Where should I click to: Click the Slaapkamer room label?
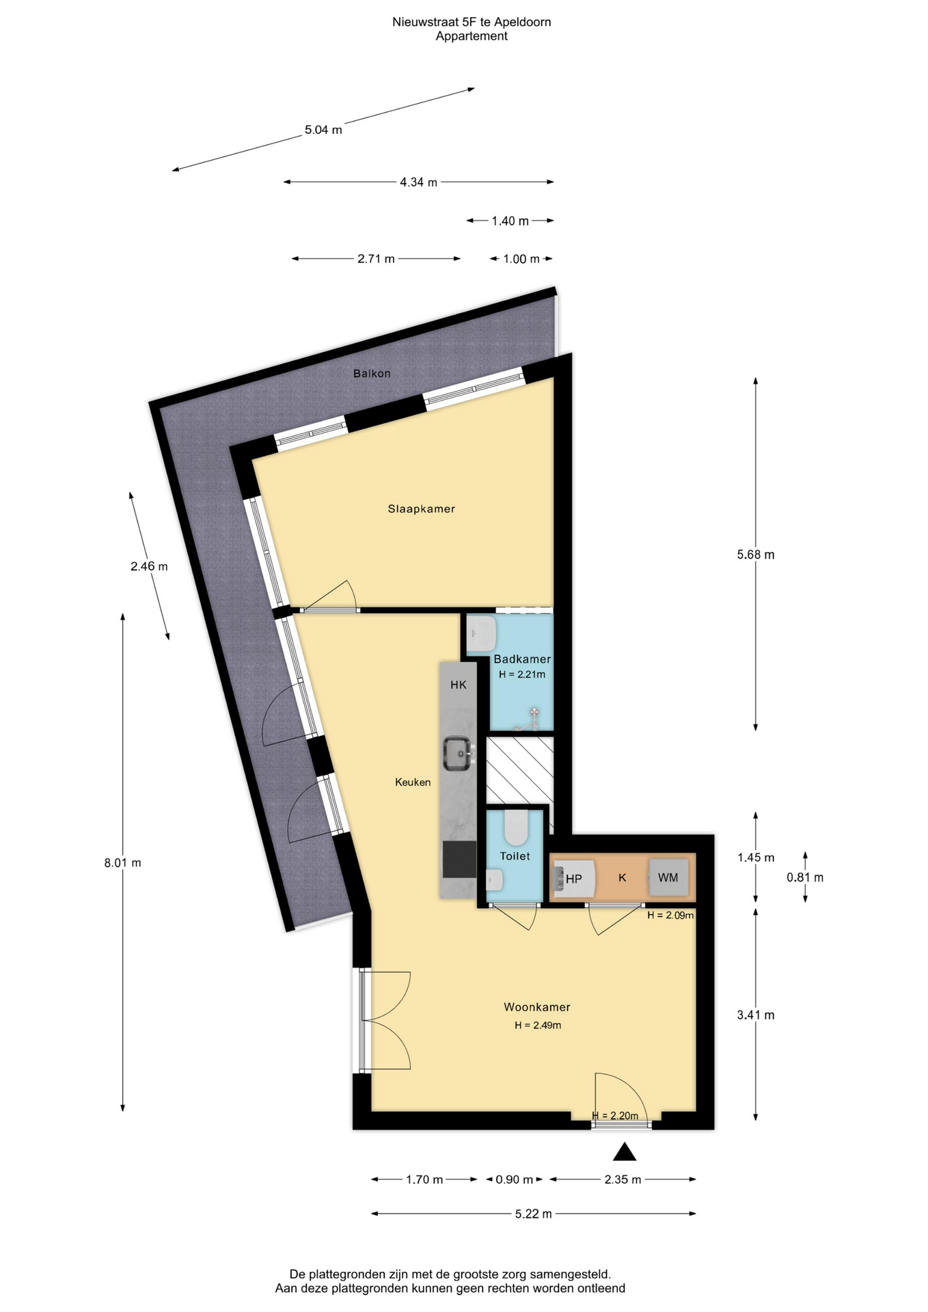pyautogui.click(x=421, y=508)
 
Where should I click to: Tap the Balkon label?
pyautogui.click(x=372, y=373)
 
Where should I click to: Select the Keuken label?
pyautogui.click(x=413, y=782)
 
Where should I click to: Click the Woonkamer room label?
pyautogui.click(x=537, y=1007)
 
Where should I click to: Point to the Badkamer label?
pyautogui.click(x=522, y=659)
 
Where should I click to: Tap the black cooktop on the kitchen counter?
pyautogui.click(x=459, y=859)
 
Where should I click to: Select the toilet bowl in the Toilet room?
pyautogui.click(x=515, y=828)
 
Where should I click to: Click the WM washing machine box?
pyautogui.click(x=668, y=877)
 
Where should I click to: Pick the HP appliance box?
pyautogui.click(x=574, y=878)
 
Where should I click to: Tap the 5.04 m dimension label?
pyautogui.click(x=323, y=130)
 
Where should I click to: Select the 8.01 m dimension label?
pyautogui.click(x=123, y=862)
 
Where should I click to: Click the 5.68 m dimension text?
pyautogui.click(x=756, y=555)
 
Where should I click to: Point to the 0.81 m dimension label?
pyautogui.click(x=805, y=877)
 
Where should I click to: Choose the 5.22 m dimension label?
pyautogui.click(x=534, y=1214)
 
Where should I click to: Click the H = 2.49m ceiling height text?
pyautogui.click(x=538, y=1025)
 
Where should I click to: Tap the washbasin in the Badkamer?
pyautogui.click(x=482, y=633)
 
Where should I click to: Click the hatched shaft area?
pyautogui.click(x=519, y=770)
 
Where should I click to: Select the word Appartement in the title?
pyautogui.click(x=472, y=36)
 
